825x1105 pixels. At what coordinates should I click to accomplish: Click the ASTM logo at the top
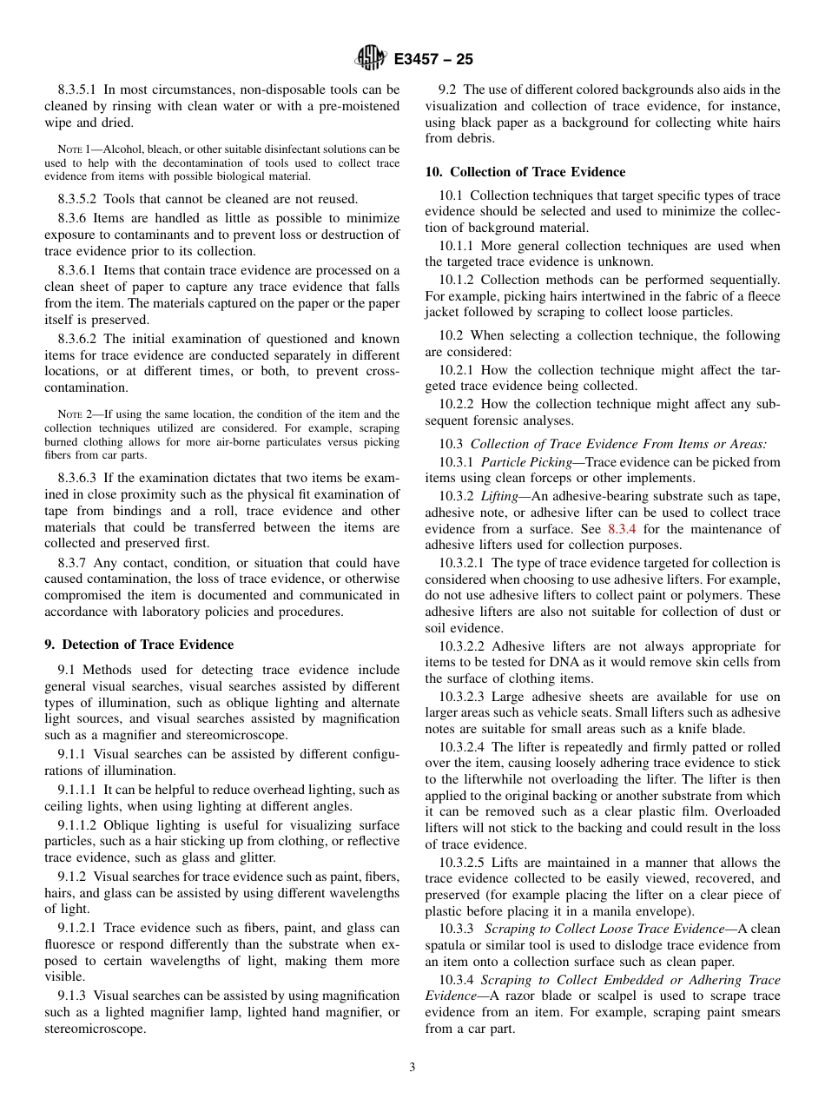[372, 59]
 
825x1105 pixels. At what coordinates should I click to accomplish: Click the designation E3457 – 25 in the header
[433, 60]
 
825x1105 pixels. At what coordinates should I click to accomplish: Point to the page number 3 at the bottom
[412, 1067]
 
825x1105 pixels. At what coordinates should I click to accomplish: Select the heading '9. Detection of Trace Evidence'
[139, 645]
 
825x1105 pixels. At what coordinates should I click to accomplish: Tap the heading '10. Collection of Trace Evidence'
[525, 172]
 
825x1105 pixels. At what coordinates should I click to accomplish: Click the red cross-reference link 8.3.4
[622, 529]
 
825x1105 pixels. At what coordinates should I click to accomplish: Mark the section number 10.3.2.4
[462, 747]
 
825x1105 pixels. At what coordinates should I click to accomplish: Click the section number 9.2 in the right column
[448, 89]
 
